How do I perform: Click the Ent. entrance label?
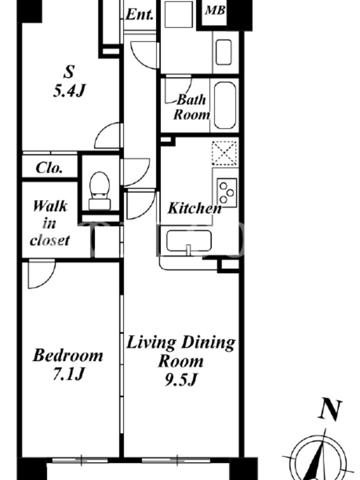140,14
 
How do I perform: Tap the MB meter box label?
215,10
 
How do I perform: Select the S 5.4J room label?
69,82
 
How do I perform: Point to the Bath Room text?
191,107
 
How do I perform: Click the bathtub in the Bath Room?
225,106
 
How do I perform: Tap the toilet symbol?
100,191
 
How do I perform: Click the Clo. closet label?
49,168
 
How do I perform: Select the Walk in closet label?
50,223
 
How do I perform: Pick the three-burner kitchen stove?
227,193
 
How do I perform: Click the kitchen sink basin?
189,241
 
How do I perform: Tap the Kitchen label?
194,208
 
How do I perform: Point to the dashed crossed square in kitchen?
224,153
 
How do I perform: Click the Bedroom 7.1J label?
68,364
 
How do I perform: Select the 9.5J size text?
181,380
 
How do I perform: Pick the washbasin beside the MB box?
223,52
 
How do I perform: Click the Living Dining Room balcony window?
176,460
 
